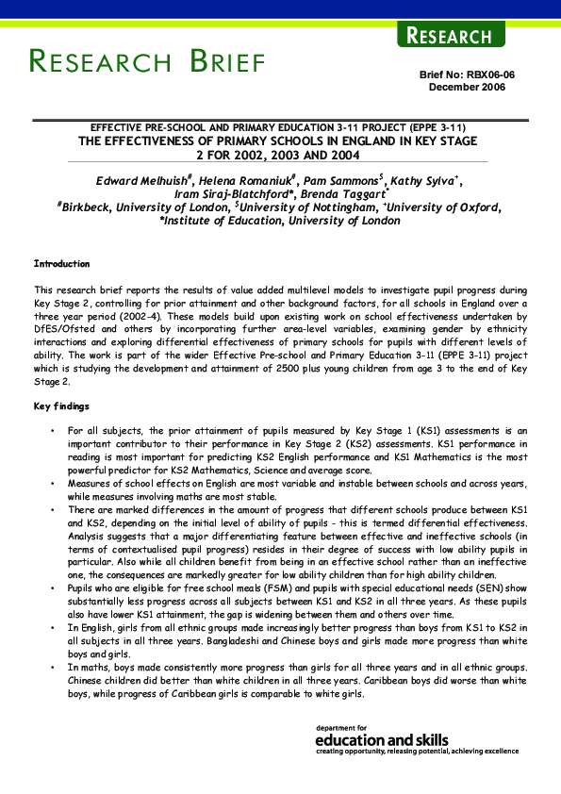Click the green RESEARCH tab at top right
(x=450, y=36)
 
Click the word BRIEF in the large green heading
(x=226, y=63)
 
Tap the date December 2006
(x=467, y=87)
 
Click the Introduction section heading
(x=62, y=264)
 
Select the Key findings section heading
(x=62, y=405)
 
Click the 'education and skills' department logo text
(x=382, y=740)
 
